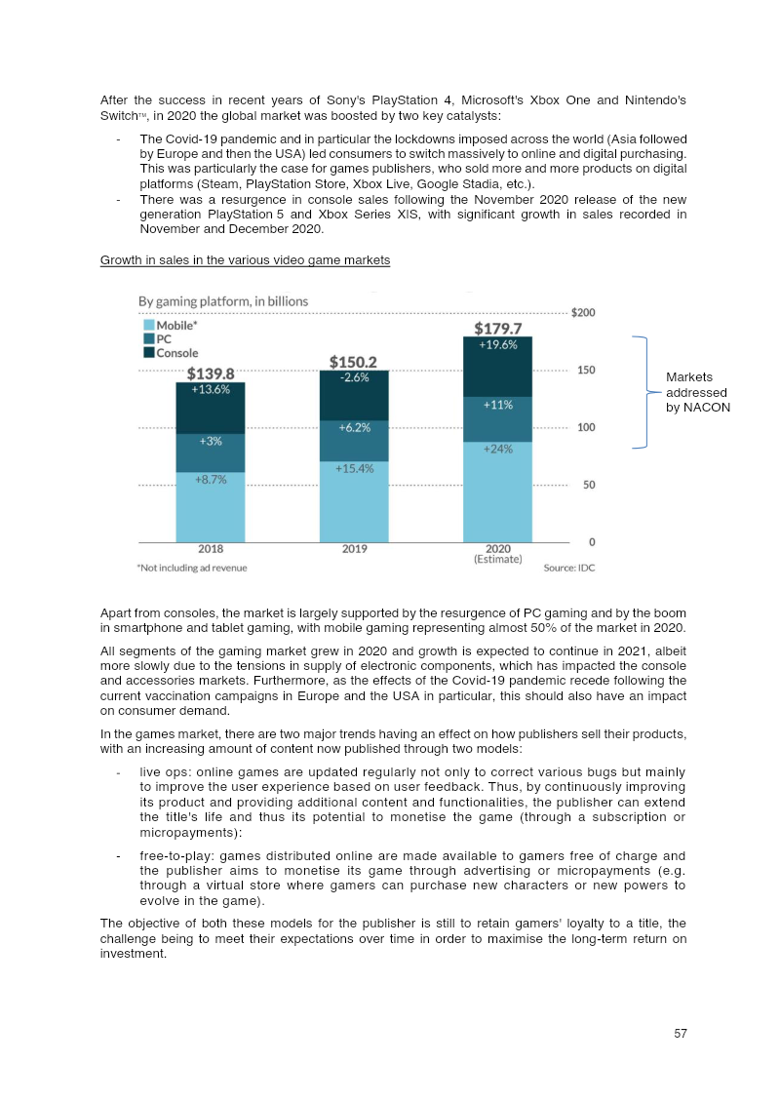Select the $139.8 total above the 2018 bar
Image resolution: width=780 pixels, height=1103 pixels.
click(211, 373)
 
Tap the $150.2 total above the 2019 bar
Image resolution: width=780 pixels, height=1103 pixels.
click(354, 361)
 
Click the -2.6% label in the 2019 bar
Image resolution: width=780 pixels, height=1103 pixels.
click(354, 378)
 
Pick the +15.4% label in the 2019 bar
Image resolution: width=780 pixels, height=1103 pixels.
click(354, 469)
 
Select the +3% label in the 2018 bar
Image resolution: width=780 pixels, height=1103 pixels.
click(211, 441)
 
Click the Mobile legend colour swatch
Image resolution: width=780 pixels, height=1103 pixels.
click(148, 325)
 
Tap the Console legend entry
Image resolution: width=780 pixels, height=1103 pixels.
click(177, 352)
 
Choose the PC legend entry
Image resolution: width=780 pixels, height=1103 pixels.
click(164, 338)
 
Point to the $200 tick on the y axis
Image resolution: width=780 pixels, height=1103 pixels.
click(584, 312)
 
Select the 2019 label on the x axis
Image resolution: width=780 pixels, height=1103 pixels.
click(354, 549)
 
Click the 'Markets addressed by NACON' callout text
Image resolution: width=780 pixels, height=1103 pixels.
click(697, 392)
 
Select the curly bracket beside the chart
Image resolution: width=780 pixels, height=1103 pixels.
click(644, 392)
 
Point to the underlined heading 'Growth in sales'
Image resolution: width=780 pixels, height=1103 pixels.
click(245, 260)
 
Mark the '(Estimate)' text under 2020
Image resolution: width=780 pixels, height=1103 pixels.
click(497, 560)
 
